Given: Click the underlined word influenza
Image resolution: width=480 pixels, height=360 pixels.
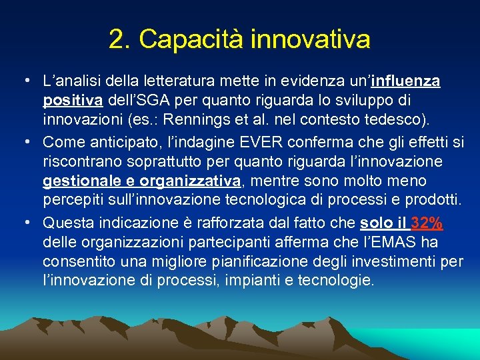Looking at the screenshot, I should (406, 81).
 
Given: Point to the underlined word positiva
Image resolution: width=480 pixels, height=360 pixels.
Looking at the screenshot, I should (73, 101).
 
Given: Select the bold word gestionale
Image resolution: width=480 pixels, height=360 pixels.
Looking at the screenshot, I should (80, 181).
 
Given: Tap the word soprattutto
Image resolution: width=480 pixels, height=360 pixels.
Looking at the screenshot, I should (153, 161).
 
